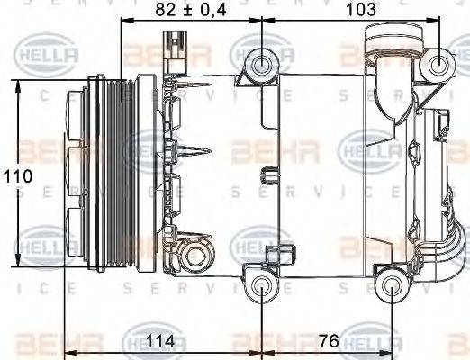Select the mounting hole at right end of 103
(439, 64)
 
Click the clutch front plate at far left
(66, 175)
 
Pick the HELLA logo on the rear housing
(371, 149)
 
